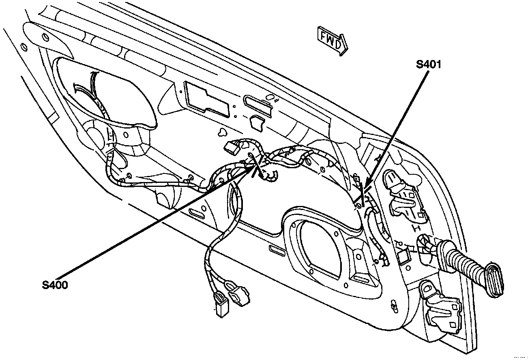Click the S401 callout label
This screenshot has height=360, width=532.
point(429,64)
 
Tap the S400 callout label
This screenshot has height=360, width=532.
point(55,285)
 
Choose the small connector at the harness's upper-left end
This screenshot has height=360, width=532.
point(232,148)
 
